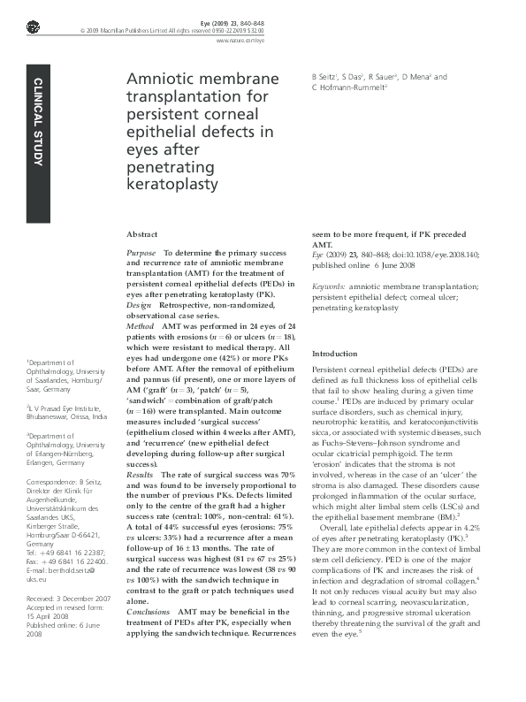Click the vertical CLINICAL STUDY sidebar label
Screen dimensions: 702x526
[x=38, y=122]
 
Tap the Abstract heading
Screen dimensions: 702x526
[x=142, y=235]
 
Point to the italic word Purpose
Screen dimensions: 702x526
[x=143, y=252]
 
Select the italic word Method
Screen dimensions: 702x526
[x=141, y=327]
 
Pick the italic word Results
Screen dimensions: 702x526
[x=141, y=475]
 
